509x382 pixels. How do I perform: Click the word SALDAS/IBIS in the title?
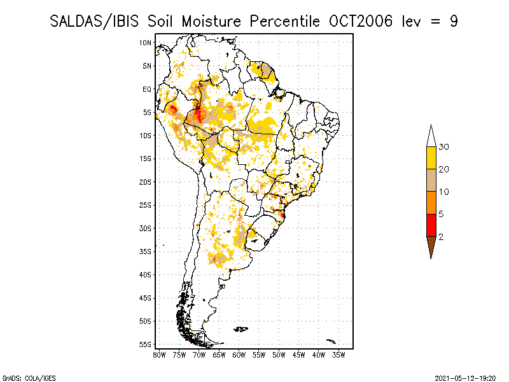tap(94, 22)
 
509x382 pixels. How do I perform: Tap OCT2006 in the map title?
tap(361, 22)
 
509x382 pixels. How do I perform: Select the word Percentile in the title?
tap(284, 22)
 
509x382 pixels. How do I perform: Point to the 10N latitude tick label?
tap(145, 43)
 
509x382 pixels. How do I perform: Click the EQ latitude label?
tap(147, 89)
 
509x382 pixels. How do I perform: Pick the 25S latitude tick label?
tap(145, 205)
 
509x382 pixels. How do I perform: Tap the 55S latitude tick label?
tap(145, 344)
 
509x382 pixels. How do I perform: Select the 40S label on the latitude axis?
tap(145, 275)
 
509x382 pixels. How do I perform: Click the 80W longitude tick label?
tap(159, 355)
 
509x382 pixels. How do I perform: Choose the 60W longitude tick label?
tap(239, 355)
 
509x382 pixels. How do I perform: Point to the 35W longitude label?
tap(338, 355)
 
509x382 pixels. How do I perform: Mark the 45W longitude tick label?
tap(298, 355)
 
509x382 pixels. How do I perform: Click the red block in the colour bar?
tap(431, 225)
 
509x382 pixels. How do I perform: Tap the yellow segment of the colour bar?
tap(431, 158)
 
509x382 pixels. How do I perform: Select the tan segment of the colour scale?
tap(431, 180)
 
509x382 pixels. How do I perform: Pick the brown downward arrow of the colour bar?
tap(431, 247)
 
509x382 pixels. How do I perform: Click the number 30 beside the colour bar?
tap(443, 147)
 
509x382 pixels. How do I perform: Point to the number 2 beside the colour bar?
tap(441, 237)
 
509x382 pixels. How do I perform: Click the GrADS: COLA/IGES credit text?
tap(29, 378)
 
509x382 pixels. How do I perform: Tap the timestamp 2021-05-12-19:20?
tap(465, 378)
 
